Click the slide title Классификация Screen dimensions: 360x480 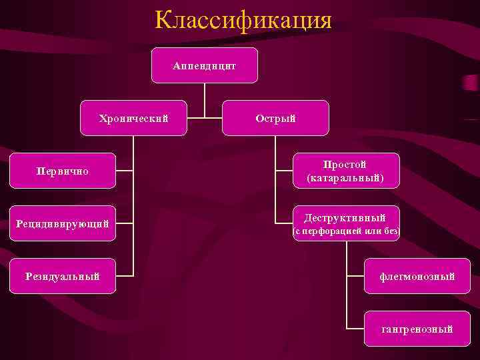pyautogui.click(x=243, y=20)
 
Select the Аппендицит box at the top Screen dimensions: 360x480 pyautogui.click(x=204, y=65)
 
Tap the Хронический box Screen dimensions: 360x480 pyautogui.click(x=133, y=118)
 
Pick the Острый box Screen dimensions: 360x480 pyautogui.click(x=275, y=118)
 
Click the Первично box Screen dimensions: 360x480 pyautogui.click(x=63, y=171)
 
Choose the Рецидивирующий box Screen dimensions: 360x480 pyautogui.click(x=63, y=223)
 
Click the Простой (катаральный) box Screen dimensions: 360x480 pyautogui.click(x=345, y=171)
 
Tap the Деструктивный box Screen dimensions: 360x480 pyautogui.click(x=345, y=223)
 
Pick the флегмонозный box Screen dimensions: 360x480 pyautogui.click(x=417, y=276)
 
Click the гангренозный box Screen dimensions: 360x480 pyautogui.click(x=417, y=329)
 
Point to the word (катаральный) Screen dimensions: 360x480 pyautogui.click(x=345, y=179)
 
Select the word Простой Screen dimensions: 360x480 pyautogui.click(x=345, y=163)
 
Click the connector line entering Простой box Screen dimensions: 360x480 pyautogui.click(x=284, y=171)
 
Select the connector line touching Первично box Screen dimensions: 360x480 pyautogui.click(x=125, y=171)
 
